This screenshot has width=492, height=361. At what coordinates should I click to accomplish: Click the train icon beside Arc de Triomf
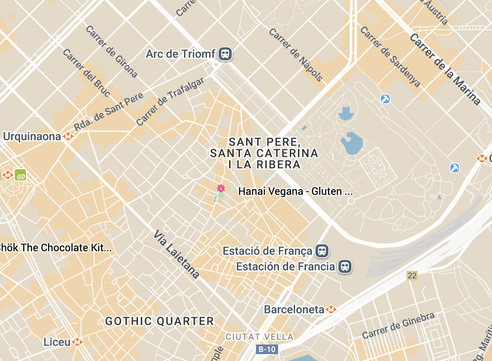225,54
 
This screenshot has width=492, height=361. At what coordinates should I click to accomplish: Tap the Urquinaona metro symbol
68,137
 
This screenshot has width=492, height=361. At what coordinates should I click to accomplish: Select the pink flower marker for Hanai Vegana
221,188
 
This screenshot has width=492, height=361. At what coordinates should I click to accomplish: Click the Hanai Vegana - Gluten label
295,191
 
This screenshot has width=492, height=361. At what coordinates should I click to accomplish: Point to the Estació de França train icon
321,251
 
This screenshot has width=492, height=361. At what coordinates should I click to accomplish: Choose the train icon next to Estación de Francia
344,266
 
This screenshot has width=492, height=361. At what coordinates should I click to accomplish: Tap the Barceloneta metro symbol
331,309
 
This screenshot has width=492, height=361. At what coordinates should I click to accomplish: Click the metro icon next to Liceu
77,342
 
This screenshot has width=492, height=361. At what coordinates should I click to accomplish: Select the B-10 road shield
266,349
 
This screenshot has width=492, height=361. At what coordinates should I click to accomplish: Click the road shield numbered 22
412,275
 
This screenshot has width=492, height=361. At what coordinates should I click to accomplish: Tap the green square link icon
20,175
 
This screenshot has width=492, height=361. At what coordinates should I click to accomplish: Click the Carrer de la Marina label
445,69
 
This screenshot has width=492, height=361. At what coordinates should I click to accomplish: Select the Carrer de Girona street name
112,52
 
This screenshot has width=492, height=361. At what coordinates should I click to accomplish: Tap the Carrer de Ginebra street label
398,325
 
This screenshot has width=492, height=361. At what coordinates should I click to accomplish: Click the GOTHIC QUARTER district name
160,322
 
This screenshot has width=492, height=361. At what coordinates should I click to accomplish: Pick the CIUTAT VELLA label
259,337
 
